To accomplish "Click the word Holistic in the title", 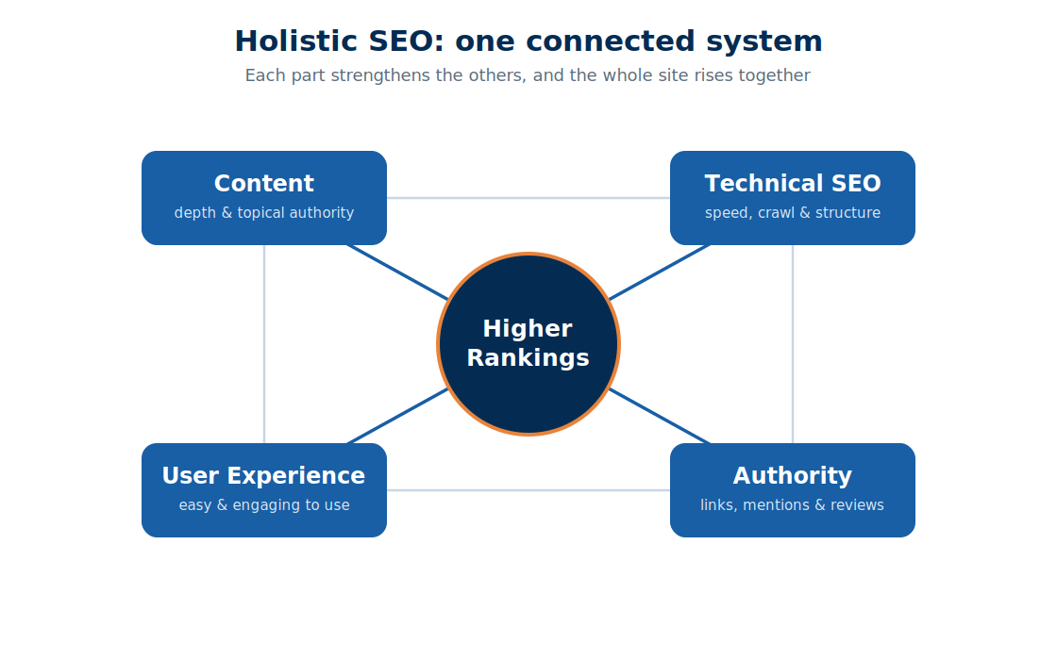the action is pos(296,41).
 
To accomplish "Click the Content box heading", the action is pos(264,183).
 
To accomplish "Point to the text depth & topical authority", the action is pos(264,213).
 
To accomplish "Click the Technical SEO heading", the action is pos(793,183).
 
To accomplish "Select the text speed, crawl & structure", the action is pos(793,213).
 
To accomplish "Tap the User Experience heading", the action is pos(263,475).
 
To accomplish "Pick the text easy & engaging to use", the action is pos(264,505).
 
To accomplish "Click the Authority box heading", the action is pos(793,476).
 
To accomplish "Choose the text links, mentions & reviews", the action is pos(792,505).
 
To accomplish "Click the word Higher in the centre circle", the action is pos(528,329).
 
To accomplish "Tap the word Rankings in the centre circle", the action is pos(528,357).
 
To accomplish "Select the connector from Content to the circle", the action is pos(397,272).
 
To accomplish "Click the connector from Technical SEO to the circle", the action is pos(660,272).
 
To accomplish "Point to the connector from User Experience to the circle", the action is pos(397,416).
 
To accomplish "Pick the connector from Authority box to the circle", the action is pos(660,416).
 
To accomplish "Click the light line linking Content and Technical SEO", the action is pos(528,198).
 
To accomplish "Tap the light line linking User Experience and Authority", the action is pos(528,490).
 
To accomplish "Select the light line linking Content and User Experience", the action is pos(264,344).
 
